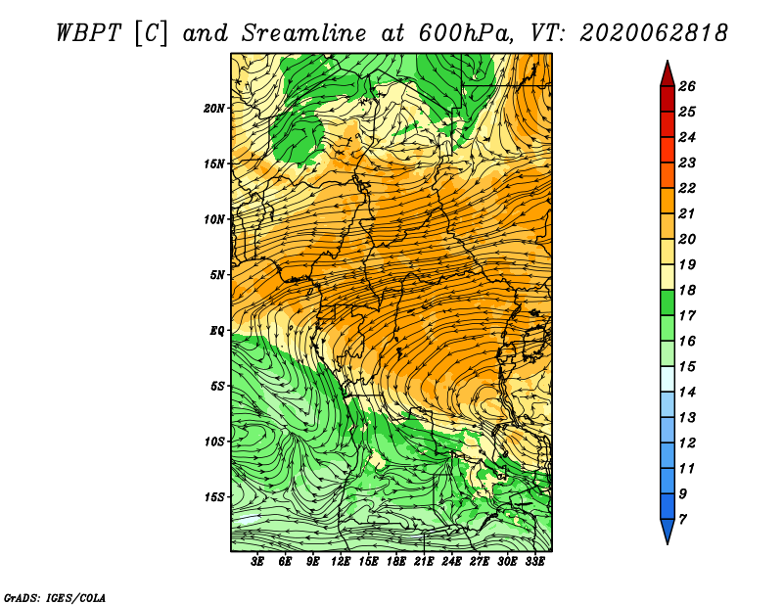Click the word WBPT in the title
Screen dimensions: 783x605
tap(89, 33)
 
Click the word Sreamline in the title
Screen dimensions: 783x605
tap(304, 33)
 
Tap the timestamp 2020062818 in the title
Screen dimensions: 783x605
tap(654, 33)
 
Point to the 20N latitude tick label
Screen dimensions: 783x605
tap(214, 109)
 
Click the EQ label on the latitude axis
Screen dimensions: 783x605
tap(217, 331)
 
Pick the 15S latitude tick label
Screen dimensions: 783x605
tap(214, 497)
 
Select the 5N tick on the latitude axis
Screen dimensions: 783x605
tap(217, 275)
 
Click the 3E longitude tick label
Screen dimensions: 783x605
tap(257, 562)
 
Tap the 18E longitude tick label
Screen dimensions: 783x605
tap(396, 562)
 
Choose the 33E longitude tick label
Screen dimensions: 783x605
tap(534, 562)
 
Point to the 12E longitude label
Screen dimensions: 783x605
tap(341, 562)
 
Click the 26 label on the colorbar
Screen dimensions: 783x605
tap(687, 86)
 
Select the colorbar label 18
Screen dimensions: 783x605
tap(687, 290)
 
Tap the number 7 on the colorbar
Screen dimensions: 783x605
tap(682, 520)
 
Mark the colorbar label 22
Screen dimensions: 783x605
tap(687, 188)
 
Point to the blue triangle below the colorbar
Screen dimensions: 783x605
tap(668, 530)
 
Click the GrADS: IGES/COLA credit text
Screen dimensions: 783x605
tap(55, 598)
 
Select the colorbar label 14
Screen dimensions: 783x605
tap(687, 393)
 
